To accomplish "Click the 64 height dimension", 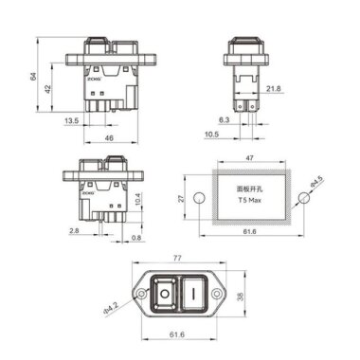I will click(x=32, y=75).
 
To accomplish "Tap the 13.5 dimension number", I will click(x=72, y=121).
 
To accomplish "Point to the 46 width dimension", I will click(x=108, y=138).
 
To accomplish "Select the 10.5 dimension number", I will click(x=216, y=135).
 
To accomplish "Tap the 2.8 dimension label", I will click(x=74, y=229).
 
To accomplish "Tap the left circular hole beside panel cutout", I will click(x=200, y=197).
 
